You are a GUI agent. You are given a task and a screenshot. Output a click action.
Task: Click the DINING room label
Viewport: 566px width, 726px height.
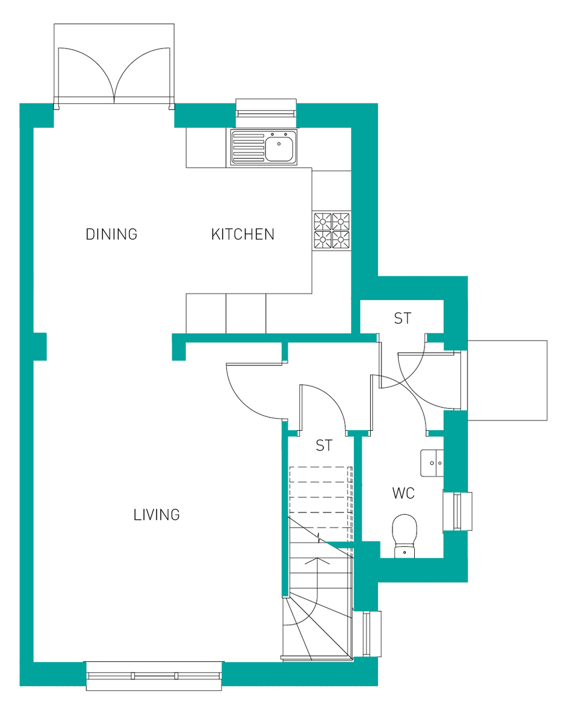click(112, 234)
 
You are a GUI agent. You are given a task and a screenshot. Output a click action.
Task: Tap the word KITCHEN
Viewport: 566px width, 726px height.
click(242, 234)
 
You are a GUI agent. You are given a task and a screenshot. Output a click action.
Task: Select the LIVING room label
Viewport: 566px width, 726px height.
click(157, 515)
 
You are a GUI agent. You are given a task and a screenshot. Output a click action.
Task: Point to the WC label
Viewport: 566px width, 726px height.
click(403, 494)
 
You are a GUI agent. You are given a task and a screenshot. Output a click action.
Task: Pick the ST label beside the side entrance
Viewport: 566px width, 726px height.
click(403, 318)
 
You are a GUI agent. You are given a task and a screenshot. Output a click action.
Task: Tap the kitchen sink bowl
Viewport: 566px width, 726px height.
click(279, 149)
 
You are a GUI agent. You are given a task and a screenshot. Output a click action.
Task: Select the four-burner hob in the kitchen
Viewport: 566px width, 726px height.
click(332, 231)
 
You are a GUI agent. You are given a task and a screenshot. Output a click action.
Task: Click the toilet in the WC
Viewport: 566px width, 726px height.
click(403, 532)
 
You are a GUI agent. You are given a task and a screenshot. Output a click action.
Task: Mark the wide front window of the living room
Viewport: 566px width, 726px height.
click(154, 676)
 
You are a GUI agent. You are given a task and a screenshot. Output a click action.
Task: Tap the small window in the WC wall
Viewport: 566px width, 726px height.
click(458, 511)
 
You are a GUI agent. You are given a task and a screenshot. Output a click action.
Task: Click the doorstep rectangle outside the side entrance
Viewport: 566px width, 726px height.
click(507, 381)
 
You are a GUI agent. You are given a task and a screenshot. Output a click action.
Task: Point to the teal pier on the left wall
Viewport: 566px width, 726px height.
click(39, 347)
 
